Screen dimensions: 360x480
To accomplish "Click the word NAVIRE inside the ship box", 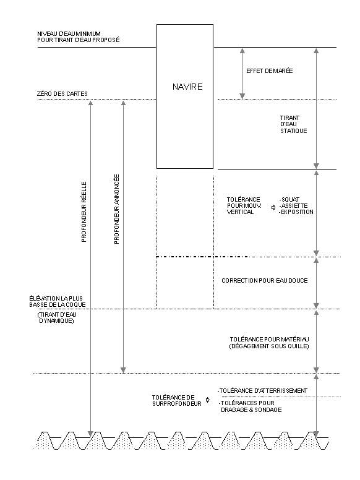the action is [187, 87].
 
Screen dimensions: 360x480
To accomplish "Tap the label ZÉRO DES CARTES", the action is [62, 93].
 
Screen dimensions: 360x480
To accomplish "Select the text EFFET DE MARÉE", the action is [270, 71].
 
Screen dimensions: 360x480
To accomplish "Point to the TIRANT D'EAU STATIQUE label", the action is [293, 124].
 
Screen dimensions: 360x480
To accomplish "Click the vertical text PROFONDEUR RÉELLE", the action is [84, 212].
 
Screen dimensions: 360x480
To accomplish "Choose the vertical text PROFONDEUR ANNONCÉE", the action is [116, 209].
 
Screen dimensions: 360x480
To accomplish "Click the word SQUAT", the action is [289, 199].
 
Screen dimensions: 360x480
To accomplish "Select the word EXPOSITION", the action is [296, 212].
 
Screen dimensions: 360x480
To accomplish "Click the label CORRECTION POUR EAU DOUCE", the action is [265, 280].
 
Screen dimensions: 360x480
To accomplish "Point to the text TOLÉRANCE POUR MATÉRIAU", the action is [270, 339].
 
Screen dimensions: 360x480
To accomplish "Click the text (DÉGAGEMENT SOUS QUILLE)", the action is [269, 346].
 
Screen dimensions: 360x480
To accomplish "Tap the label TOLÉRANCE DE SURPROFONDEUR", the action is [177, 400].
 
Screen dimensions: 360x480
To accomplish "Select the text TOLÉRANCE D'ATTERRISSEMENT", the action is [262, 390].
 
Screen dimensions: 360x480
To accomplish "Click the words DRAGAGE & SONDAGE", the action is [251, 409].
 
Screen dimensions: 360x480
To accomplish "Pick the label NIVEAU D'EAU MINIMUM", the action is [69, 33].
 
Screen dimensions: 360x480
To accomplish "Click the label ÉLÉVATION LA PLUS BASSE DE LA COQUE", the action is [58, 301].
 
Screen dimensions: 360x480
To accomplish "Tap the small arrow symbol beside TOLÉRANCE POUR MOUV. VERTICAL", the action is [273, 208].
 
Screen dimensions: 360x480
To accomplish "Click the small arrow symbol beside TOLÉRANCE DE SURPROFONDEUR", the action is [208, 400].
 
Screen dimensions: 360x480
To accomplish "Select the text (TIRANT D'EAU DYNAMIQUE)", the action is [57, 318].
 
